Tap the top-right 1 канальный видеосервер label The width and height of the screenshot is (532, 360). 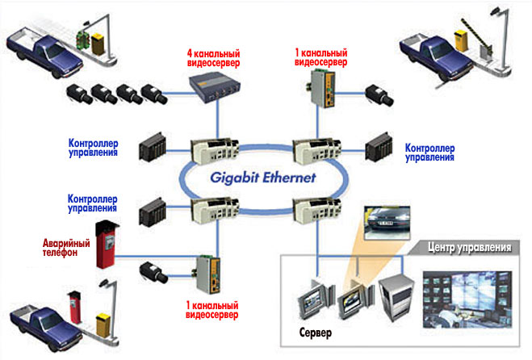323,57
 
